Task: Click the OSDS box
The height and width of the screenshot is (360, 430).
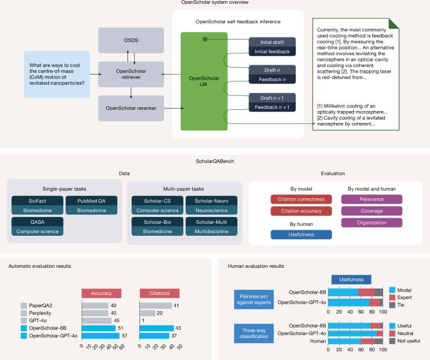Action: (x=129, y=40)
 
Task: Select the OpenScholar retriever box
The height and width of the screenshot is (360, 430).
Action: (x=129, y=74)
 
